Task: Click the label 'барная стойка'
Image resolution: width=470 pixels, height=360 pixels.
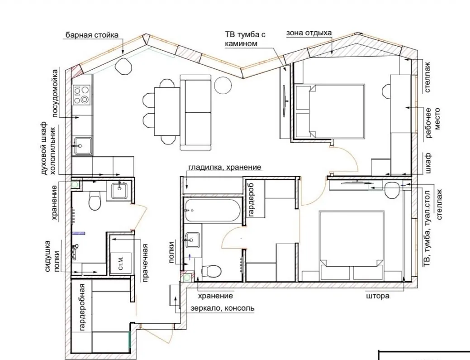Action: [92, 35]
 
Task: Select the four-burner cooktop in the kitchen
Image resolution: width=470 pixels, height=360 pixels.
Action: [81, 95]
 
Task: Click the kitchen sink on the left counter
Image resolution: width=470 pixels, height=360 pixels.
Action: [83, 146]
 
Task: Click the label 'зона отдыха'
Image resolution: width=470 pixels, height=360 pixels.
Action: [309, 33]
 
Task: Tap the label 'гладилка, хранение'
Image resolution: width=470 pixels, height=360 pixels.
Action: [225, 167]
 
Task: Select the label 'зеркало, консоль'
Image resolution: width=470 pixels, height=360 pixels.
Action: [223, 308]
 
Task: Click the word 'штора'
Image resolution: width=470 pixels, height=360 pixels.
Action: [378, 296]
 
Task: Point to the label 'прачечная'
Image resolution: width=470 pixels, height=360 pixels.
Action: [145, 263]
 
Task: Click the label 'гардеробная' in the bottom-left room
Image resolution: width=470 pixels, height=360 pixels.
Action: [83, 307]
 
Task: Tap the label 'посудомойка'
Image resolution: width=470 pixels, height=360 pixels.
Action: [56, 93]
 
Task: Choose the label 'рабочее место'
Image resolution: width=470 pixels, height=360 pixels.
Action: [432, 123]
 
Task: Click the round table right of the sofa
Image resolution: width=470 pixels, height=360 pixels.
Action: [223, 85]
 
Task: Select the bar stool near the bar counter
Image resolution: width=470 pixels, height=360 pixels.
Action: [124, 66]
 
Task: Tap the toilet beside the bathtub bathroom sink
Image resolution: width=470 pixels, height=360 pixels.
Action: [211, 271]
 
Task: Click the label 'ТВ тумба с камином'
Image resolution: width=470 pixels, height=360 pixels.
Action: [245, 39]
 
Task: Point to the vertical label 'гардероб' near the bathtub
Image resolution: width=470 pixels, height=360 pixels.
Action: [251, 200]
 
